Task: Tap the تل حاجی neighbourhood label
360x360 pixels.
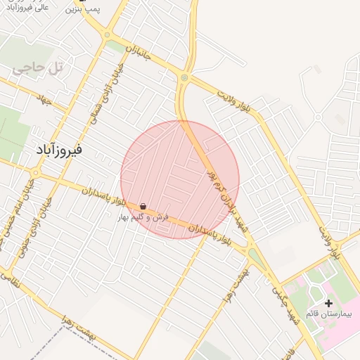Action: (x=38, y=68)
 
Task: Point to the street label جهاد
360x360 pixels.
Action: (x=46, y=101)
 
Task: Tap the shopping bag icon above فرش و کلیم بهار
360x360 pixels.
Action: (x=143, y=207)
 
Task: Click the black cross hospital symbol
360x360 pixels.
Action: (x=328, y=302)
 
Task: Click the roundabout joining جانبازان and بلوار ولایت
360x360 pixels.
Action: (x=185, y=77)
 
